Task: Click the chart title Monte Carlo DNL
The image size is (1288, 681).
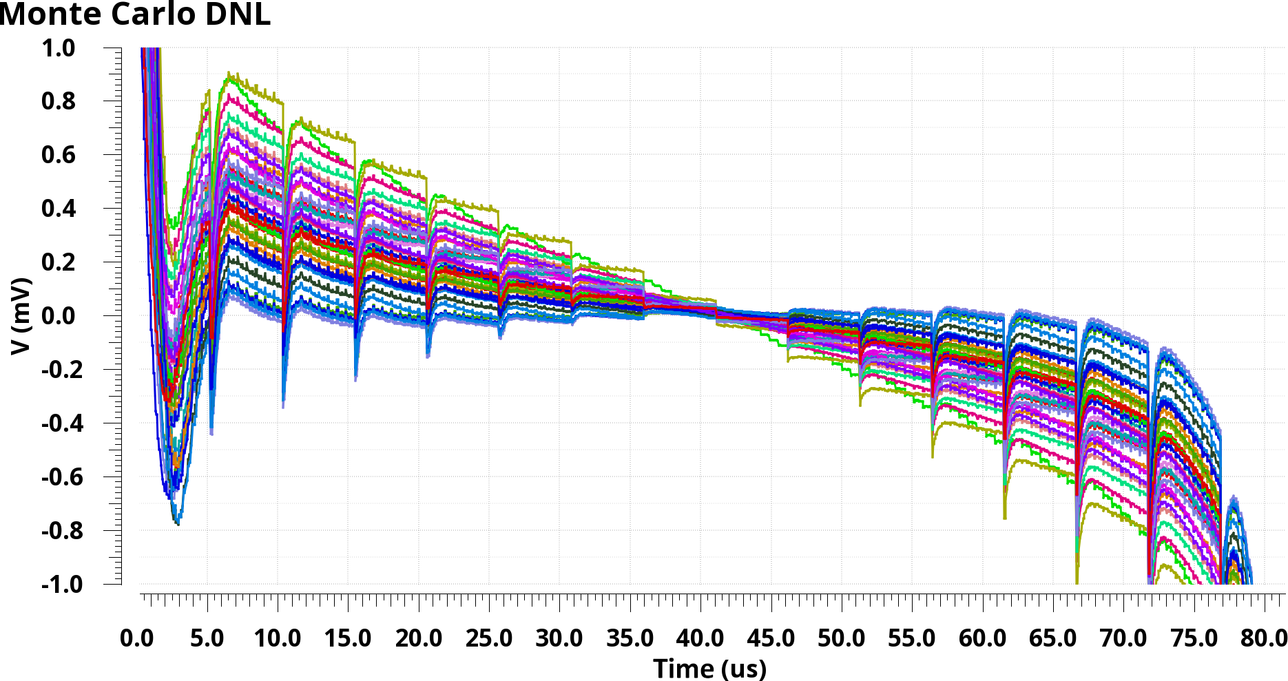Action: (x=135, y=14)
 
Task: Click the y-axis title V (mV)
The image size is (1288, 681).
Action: (x=22, y=316)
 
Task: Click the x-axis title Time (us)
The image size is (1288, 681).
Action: (x=709, y=668)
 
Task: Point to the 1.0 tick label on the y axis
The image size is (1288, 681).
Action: (x=59, y=48)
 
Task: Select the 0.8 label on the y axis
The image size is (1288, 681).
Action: (x=59, y=101)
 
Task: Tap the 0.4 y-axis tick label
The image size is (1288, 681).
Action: (x=59, y=209)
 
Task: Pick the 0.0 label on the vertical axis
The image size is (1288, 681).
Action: (x=59, y=316)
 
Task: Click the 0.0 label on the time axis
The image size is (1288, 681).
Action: (x=137, y=638)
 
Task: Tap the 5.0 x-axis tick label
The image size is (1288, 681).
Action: (x=207, y=638)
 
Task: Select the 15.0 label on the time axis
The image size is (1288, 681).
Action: (x=348, y=638)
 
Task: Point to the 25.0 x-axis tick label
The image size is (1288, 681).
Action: (x=489, y=638)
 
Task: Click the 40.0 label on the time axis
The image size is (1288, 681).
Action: (x=700, y=638)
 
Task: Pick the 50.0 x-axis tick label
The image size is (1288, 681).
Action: (x=841, y=638)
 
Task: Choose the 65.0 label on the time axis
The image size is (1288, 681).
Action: (x=1052, y=638)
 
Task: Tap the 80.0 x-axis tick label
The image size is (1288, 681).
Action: (x=1263, y=638)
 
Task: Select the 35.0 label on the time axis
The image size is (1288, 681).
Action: (x=630, y=638)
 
